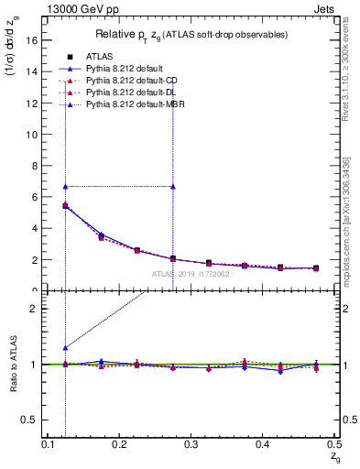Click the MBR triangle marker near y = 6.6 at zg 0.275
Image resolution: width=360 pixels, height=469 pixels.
click(x=173, y=186)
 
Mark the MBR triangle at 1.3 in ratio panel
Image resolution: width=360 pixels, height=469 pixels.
click(x=65, y=348)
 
